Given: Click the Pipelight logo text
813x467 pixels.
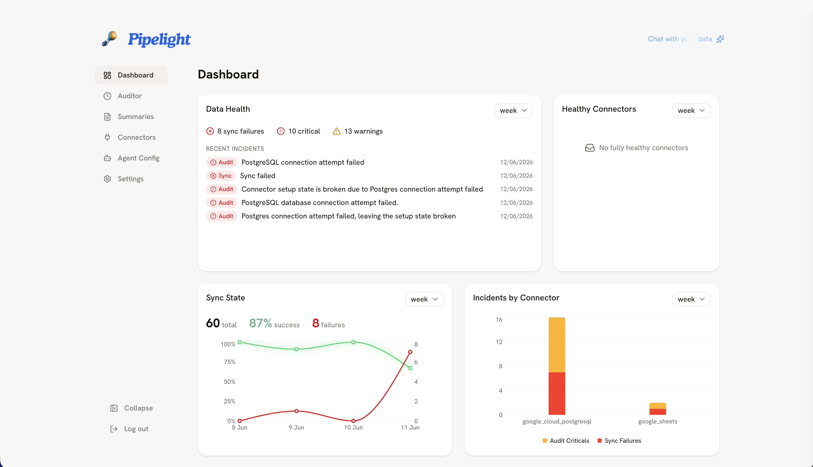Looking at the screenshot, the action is click(159, 39).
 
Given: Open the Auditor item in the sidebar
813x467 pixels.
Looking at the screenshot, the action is click(130, 96).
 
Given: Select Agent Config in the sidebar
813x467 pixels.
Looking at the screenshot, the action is click(138, 158).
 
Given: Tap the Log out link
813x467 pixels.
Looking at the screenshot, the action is click(136, 429).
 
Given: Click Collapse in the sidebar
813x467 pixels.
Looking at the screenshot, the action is click(138, 408).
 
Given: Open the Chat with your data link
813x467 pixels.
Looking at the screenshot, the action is click(686, 39).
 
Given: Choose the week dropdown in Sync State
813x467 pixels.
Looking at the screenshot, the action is click(424, 299).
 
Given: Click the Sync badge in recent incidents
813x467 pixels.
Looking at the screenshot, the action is click(221, 176).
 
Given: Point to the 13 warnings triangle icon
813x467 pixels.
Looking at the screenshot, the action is click(337, 131).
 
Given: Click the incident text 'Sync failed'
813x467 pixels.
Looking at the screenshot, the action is click(258, 176).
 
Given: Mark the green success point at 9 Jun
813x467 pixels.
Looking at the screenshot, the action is click(297, 349).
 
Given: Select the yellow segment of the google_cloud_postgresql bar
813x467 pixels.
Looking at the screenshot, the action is click(557, 345).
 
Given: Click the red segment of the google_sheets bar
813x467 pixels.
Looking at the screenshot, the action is click(658, 412).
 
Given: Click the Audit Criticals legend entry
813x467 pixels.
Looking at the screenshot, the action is click(566, 441).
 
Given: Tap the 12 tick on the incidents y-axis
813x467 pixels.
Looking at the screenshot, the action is click(499, 342).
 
